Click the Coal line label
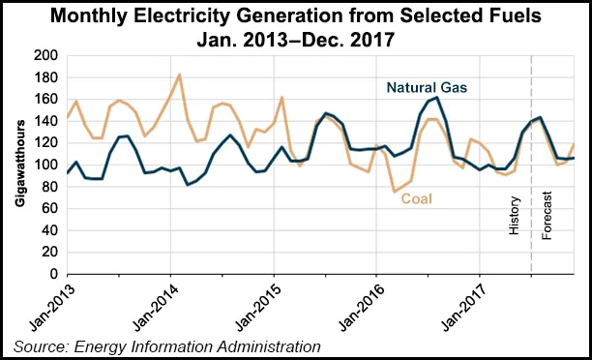418,198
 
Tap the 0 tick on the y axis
54,274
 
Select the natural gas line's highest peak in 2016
437,97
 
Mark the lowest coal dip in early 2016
395,192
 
